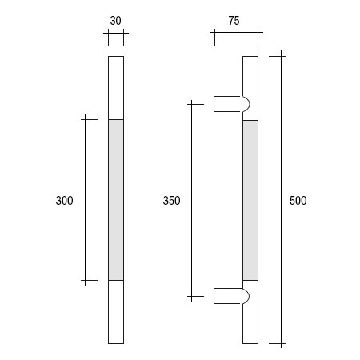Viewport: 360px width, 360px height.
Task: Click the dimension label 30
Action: click(116, 22)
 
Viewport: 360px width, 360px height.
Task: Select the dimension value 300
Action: click(64, 201)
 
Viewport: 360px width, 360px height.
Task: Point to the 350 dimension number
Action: click(171, 201)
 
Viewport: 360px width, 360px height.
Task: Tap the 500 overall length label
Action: click(298, 201)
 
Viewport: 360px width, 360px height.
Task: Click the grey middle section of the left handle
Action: click(116, 200)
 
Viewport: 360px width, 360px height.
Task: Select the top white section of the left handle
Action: click(116, 88)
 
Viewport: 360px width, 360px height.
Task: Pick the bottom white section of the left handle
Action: click(116, 312)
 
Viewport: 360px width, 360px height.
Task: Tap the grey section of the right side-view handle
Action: click(250, 200)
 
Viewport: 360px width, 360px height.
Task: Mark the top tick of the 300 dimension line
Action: click(86, 120)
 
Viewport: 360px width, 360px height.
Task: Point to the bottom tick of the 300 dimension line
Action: click(86, 281)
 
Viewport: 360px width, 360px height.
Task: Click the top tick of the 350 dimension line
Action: click(191, 103)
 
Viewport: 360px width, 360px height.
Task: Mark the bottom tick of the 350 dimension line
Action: click(191, 297)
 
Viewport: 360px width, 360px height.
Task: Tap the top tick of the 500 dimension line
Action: click(279, 56)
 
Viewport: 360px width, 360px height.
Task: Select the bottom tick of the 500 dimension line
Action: click(279, 344)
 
